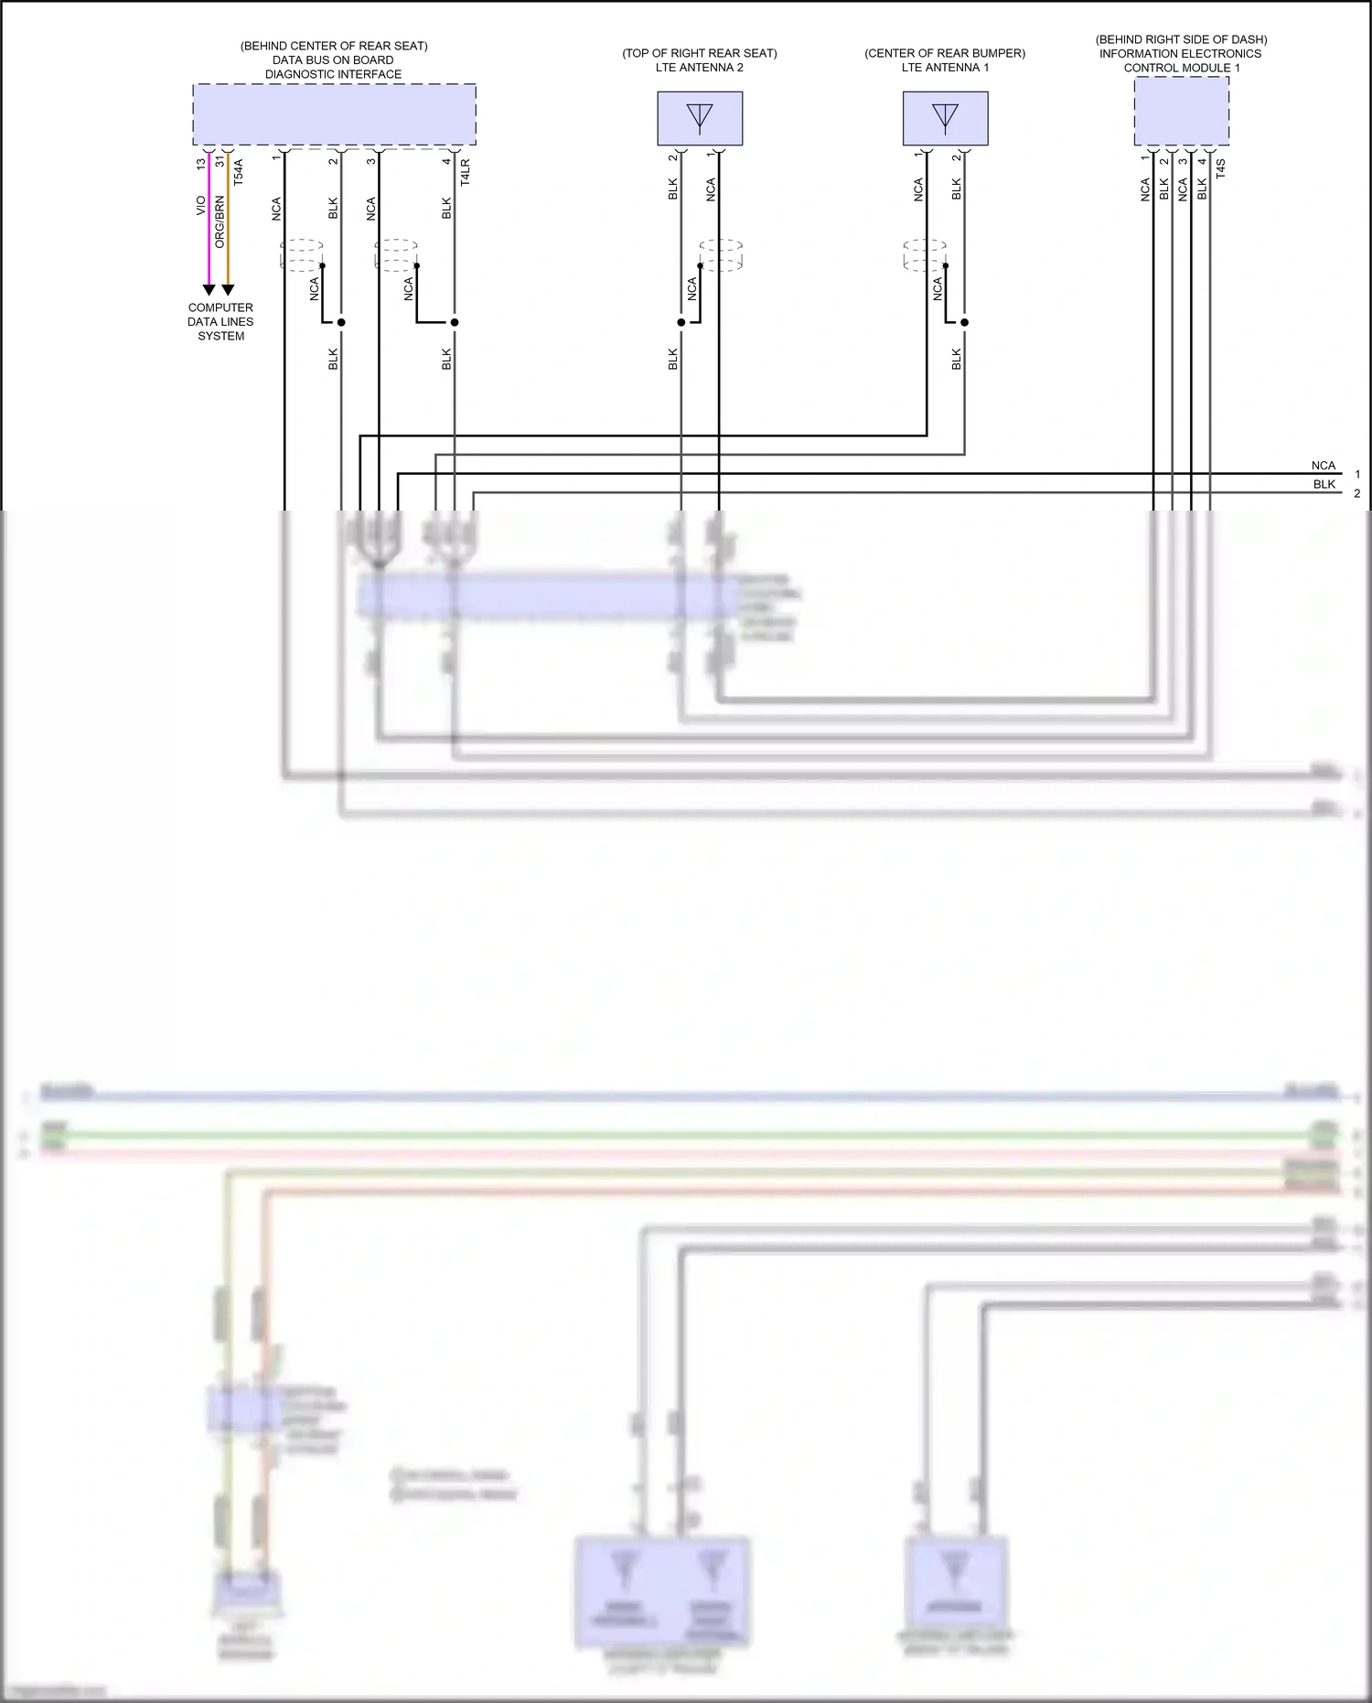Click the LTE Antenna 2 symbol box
coord(700,118)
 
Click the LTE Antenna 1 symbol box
coord(945,118)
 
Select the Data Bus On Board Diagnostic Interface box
coord(334,114)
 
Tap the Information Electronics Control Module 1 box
coord(1181,111)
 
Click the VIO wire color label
coord(201,207)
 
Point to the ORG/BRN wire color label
coord(220,221)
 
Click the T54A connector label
coord(239,173)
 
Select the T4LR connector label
coord(466,172)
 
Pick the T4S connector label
coord(1221,168)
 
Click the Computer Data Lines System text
coord(220,322)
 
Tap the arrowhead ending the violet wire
coord(209,290)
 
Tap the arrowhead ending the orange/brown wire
coord(228,290)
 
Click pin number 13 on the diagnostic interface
coord(201,164)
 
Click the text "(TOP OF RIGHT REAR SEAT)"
coord(700,53)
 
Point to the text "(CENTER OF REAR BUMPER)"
coord(945,53)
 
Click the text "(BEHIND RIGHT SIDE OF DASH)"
coord(1181,39)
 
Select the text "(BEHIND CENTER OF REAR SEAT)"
coord(334,46)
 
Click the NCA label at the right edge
coord(1323,466)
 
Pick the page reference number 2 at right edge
coord(1357,493)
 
